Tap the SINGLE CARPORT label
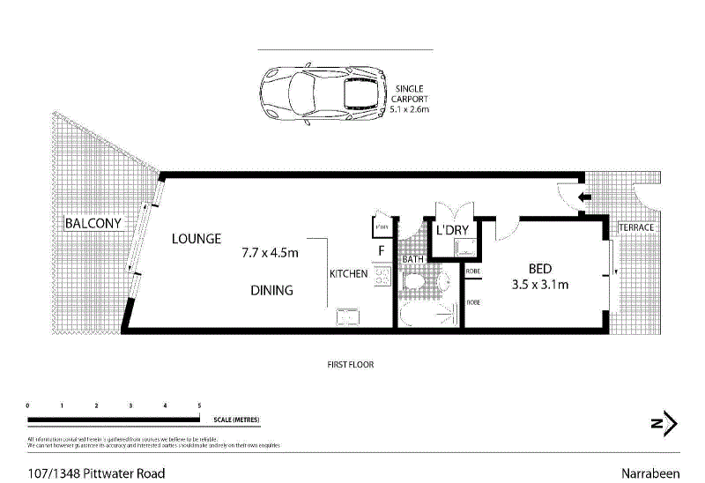pyautogui.click(x=410, y=100)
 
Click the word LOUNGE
pyautogui.click(x=196, y=239)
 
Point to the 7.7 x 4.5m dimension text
pyautogui.click(x=271, y=254)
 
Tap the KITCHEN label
pyautogui.click(x=348, y=274)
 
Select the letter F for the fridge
pyautogui.click(x=381, y=250)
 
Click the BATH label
pyautogui.click(x=412, y=260)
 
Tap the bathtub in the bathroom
pyautogui.click(x=428, y=316)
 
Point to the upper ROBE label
pyautogui.click(x=472, y=271)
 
